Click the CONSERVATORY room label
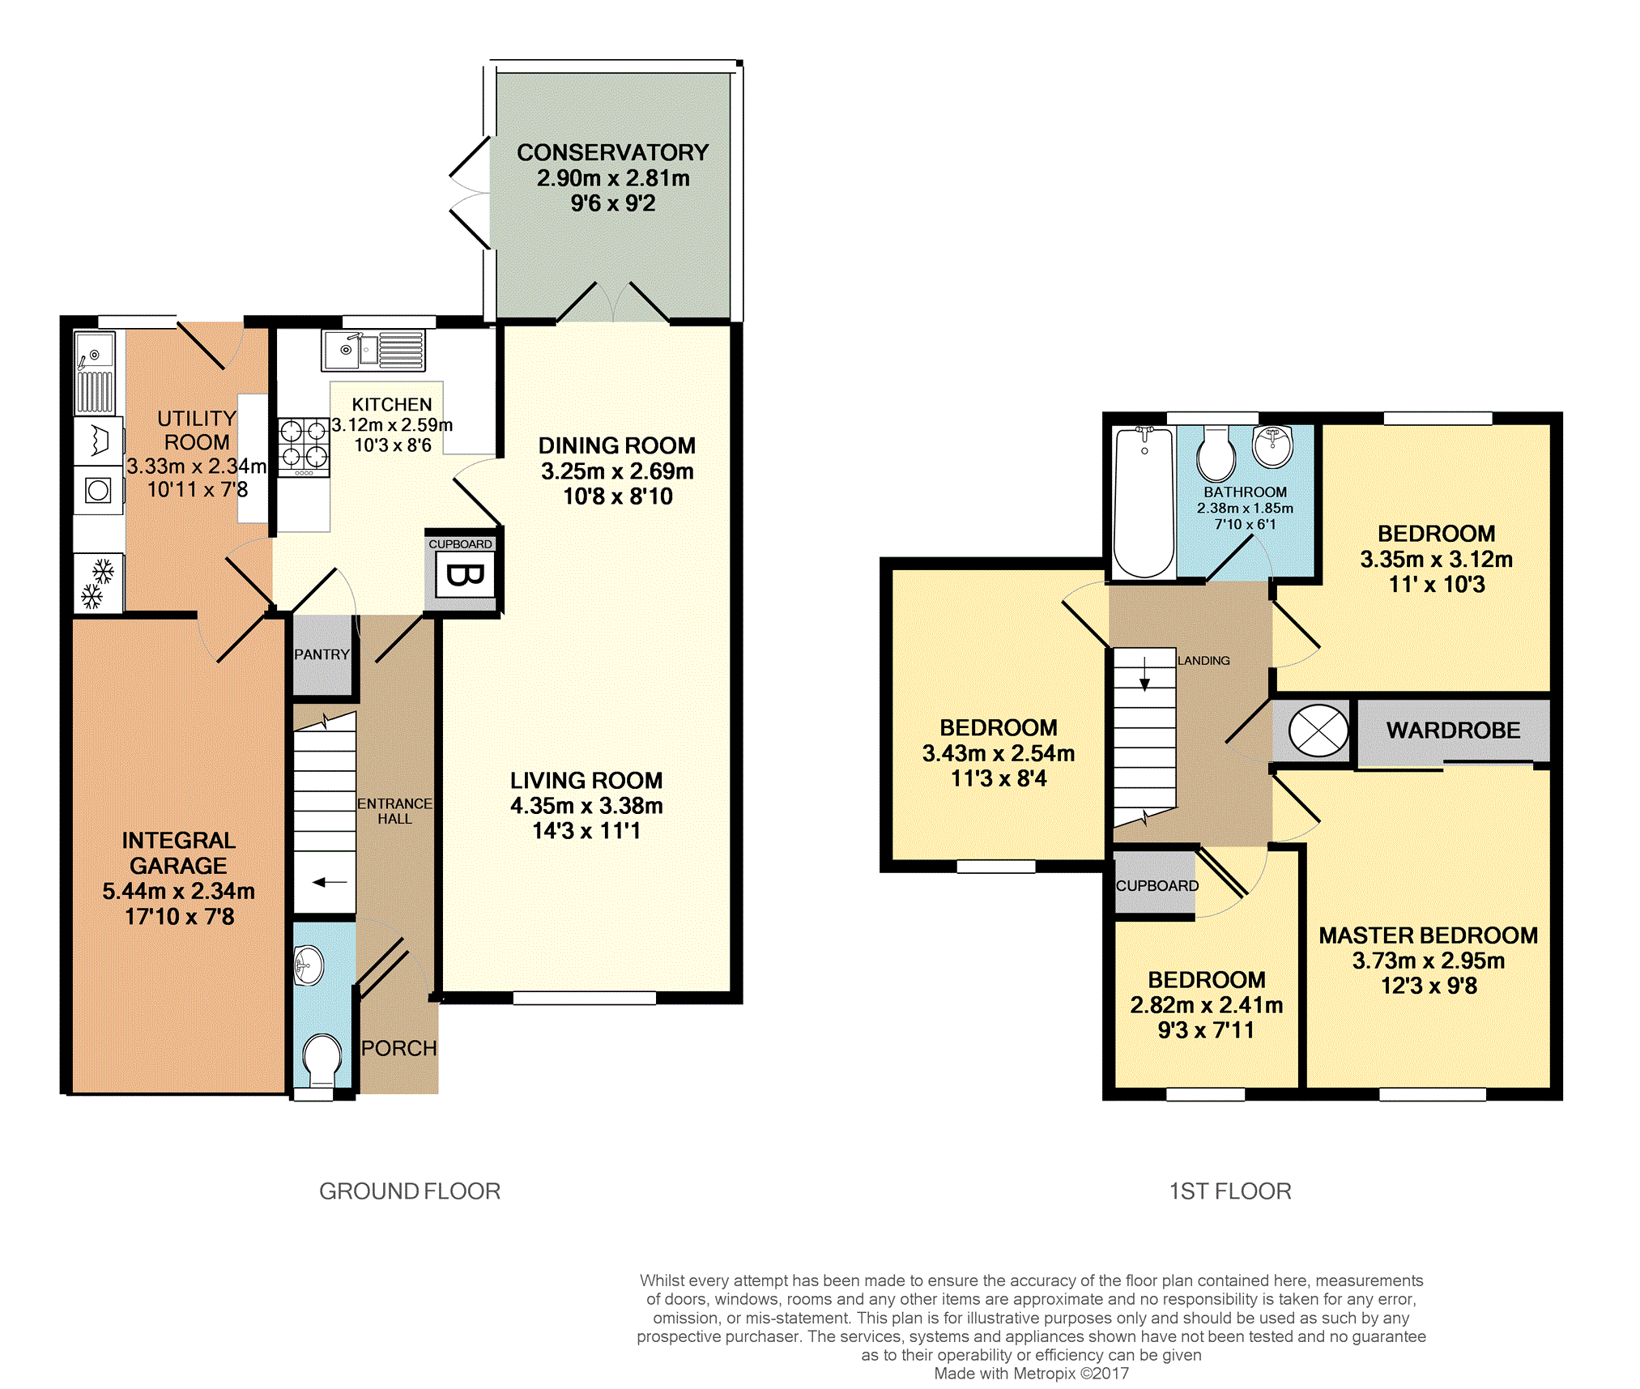(x=612, y=152)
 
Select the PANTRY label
(x=322, y=654)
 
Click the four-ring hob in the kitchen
(x=304, y=447)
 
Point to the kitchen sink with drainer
(x=373, y=351)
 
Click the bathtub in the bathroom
(x=1144, y=501)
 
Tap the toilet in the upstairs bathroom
(x=1216, y=454)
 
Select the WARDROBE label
(x=1453, y=731)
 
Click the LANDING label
(x=1203, y=661)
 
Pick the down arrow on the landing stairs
(x=1144, y=675)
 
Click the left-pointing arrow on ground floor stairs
(x=330, y=882)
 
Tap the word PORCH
(x=399, y=1048)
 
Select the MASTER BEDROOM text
(x=1428, y=935)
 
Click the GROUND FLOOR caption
(x=410, y=1191)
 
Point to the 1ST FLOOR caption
(x=1230, y=1191)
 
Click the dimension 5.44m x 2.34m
(x=178, y=891)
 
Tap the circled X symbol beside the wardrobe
(x=1318, y=731)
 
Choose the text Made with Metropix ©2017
(x=1031, y=1374)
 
